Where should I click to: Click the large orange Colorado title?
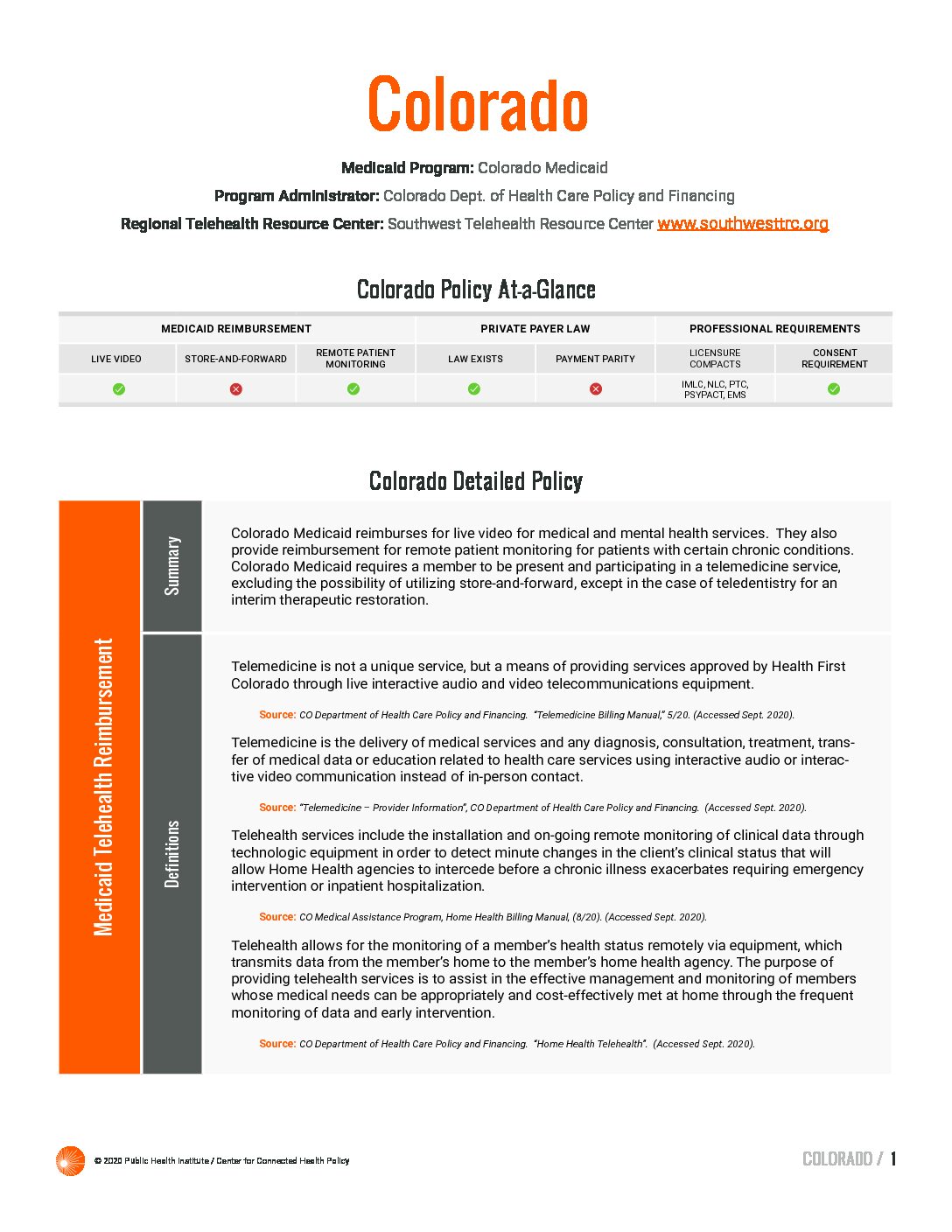point(477,105)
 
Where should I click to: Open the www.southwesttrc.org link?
point(742,223)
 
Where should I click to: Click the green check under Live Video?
point(119,389)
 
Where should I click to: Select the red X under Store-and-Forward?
point(236,389)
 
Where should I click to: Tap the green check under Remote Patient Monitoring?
point(353,389)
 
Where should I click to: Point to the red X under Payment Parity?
point(596,389)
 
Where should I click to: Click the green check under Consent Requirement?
point(834,389)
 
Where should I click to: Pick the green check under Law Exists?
point(474,389)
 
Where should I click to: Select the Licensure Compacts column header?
point(715,359)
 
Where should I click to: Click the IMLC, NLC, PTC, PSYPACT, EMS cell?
point(715,389)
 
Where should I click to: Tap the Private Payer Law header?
point(535,329)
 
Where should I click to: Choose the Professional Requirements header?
point(774,329)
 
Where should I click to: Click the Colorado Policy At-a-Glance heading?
point(476,290)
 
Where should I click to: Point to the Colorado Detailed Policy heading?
point(476,481)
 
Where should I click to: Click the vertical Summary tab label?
point(172,566)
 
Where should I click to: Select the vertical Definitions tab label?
point(172,853)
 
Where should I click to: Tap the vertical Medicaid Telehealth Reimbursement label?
point(103,787)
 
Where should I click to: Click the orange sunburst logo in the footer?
point(70,1160)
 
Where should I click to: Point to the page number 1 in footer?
point(893,1159)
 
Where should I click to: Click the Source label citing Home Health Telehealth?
point(277,1044)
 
